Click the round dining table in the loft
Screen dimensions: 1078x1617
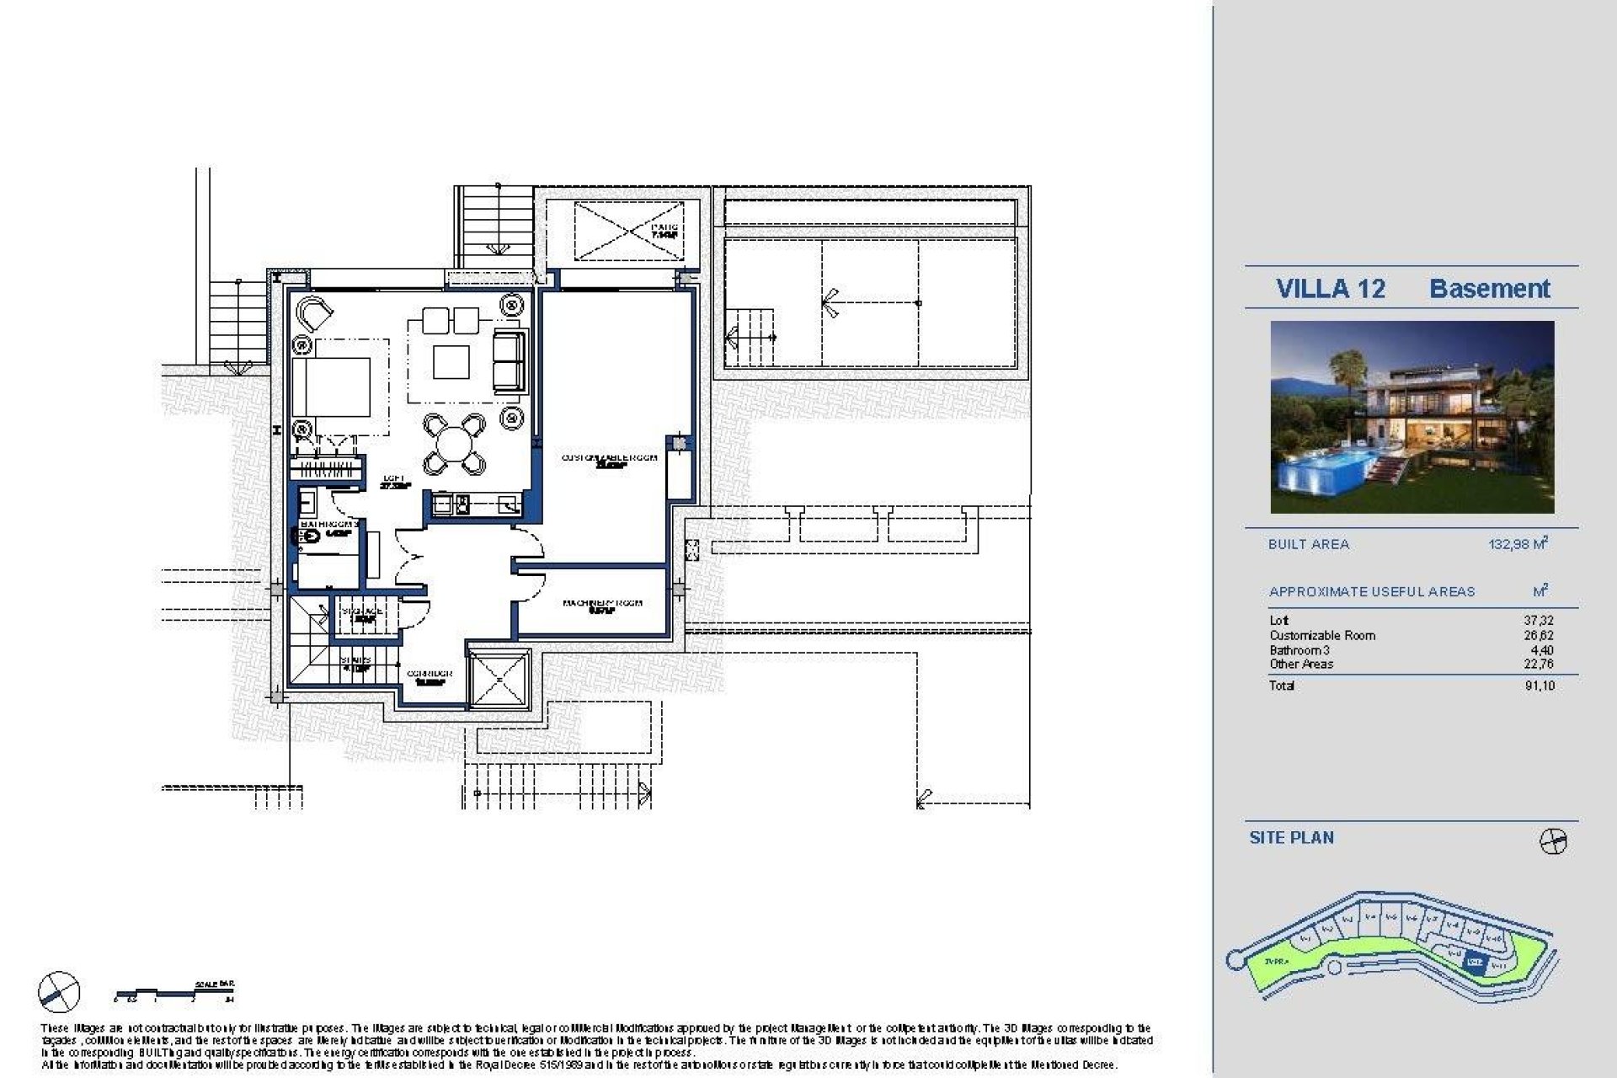(x=454, y=442)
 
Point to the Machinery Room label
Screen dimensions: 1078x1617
(x=602, y=604)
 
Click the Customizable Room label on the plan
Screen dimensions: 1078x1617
(x=609, y=458)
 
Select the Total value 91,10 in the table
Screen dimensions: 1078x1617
(x=1539, y=686)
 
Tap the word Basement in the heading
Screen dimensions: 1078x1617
(x=1489, y=289)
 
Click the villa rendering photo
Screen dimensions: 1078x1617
(x=1412, y=417)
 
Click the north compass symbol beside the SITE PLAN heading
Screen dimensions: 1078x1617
(x=1553, y=841)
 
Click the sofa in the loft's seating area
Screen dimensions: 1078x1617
(x=507, y=360)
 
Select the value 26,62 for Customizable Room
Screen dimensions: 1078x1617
(x=1539, y=636)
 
